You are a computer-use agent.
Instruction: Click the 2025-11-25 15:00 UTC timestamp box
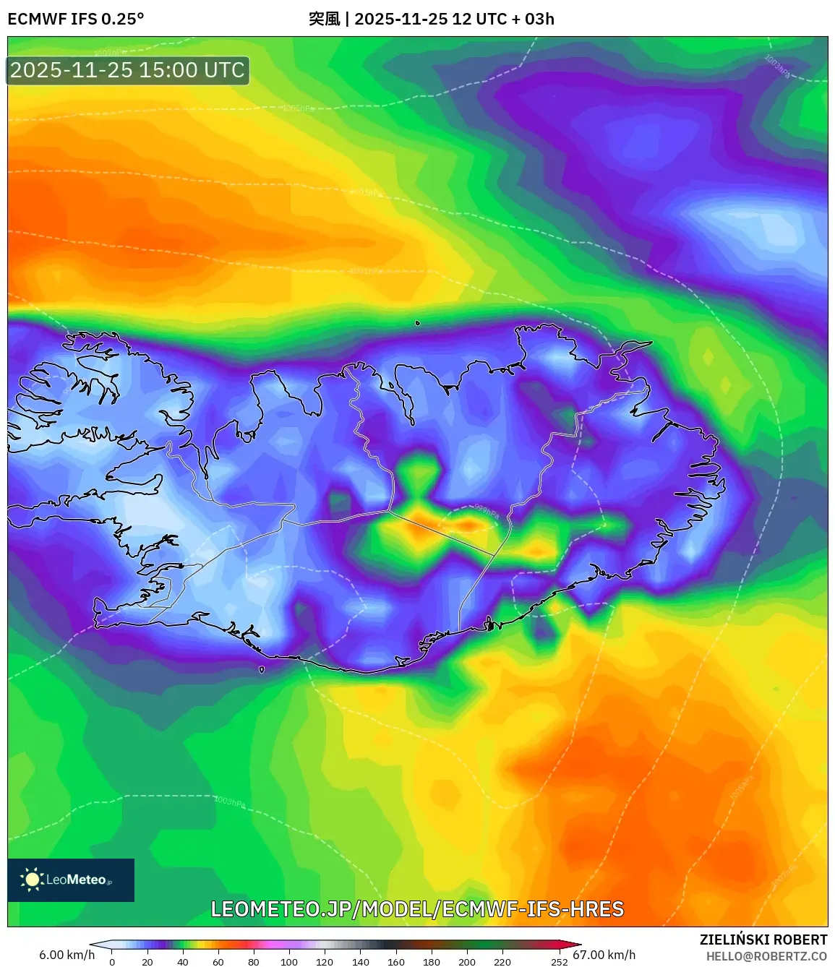127,70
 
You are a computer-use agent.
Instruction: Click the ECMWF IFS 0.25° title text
76,19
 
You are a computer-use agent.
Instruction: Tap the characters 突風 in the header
324,19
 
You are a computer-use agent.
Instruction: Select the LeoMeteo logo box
71,880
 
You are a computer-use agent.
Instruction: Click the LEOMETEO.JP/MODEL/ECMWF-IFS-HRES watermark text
417,909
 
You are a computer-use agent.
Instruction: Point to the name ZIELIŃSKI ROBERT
763,940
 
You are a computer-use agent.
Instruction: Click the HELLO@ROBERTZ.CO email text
766,956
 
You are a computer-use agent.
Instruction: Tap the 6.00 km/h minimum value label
67,955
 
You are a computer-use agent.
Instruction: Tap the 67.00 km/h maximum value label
604,955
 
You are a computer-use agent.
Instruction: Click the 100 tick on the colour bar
289,962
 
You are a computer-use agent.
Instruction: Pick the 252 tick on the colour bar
560,962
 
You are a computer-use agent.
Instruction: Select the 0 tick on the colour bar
112,962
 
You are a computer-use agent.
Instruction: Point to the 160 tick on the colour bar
396,962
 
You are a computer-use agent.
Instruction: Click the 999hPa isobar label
487,511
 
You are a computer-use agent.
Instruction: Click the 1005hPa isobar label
299,108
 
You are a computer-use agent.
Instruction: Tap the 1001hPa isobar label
366,271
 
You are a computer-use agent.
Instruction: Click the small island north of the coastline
418,323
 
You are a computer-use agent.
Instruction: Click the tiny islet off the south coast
262,669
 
